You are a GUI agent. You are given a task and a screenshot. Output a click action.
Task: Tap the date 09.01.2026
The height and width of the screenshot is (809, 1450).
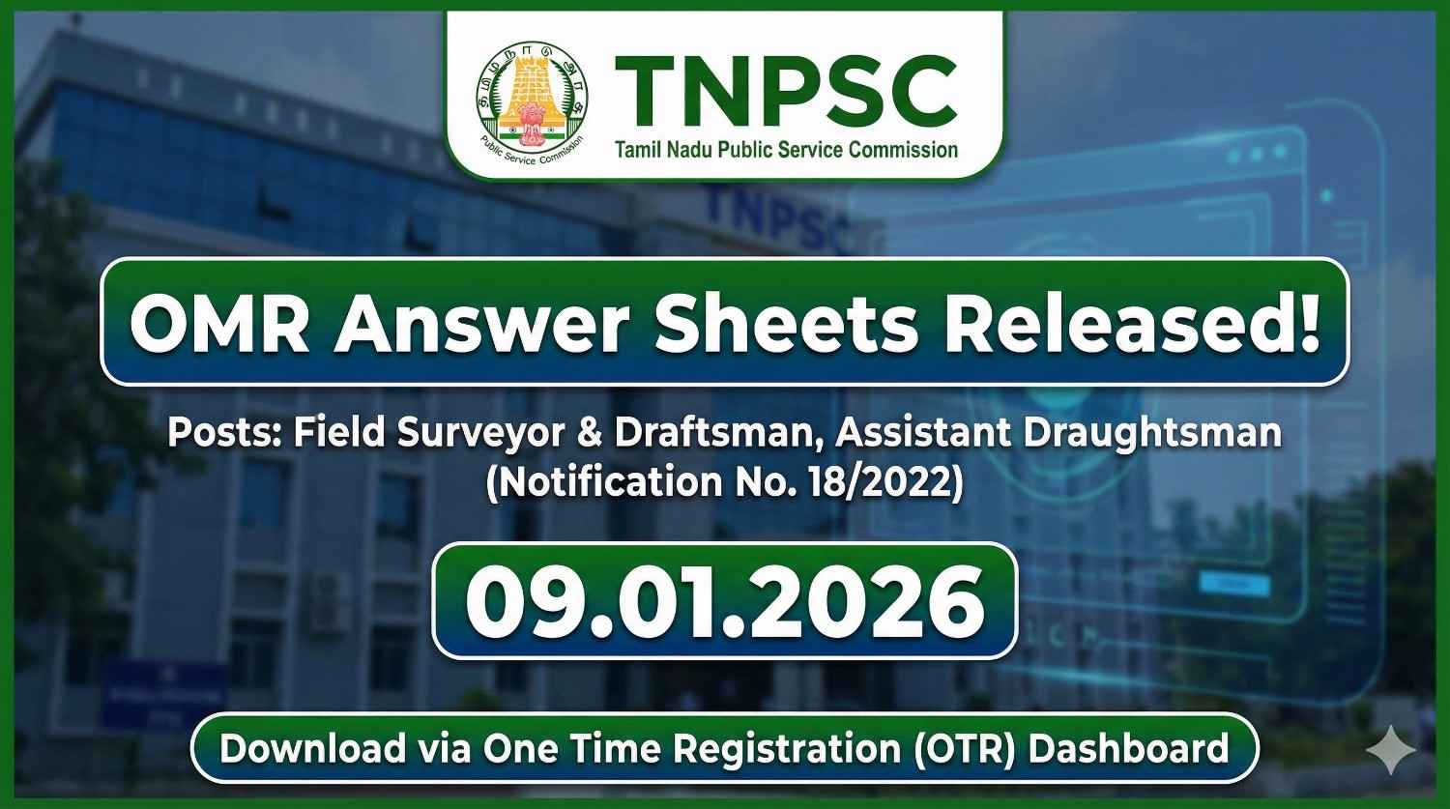[x=724, y=599]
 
